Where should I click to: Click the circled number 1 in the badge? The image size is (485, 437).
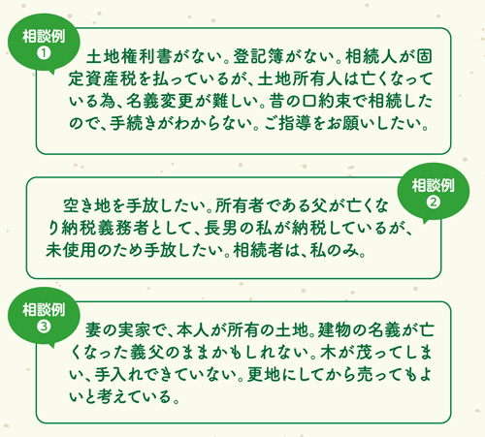(44, 53)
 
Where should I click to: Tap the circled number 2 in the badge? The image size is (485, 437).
(433, 203)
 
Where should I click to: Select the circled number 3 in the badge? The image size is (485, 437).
(44, 327)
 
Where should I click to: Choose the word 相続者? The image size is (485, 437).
(258, 250)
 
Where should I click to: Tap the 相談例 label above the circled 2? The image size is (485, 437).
(433, 185)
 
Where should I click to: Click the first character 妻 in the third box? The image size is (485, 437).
(93, 330)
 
